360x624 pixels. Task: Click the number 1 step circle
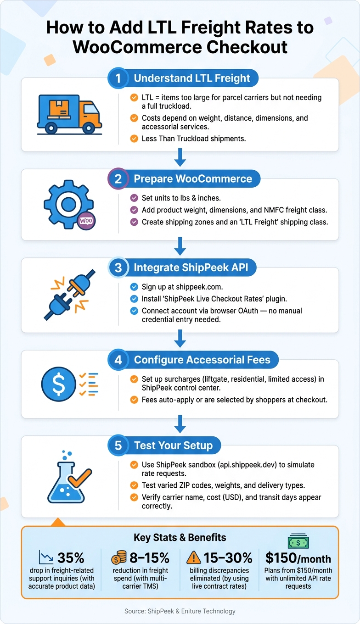(x=118, y=78)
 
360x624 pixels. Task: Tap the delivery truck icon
(x=69, y=115)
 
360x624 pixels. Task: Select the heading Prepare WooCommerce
(x=193, y=178)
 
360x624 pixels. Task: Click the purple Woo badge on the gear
(x=86, y=221)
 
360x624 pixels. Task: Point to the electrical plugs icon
(x=70, y=295)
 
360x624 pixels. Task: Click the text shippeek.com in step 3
(x=199, y=287)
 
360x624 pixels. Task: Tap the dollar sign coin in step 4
(x=59, y=384)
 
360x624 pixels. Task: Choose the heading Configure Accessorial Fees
(x=202, y=360)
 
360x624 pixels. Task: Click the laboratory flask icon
(x=69, y=477)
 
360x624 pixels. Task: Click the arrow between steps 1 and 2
(x=180, y=157)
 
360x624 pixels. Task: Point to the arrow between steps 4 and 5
(x=180, y=423)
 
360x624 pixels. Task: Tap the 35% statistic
(x=71, y=558)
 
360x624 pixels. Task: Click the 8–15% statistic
(x=150, y=558)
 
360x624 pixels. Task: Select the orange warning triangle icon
(x=193, y=557)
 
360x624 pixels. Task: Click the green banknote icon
(x=298, y=541)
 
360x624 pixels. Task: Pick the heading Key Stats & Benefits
(x=180, y=537)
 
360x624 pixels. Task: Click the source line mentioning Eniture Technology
(x=180, y=611)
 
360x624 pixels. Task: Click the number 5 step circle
(x=118, y=446)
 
